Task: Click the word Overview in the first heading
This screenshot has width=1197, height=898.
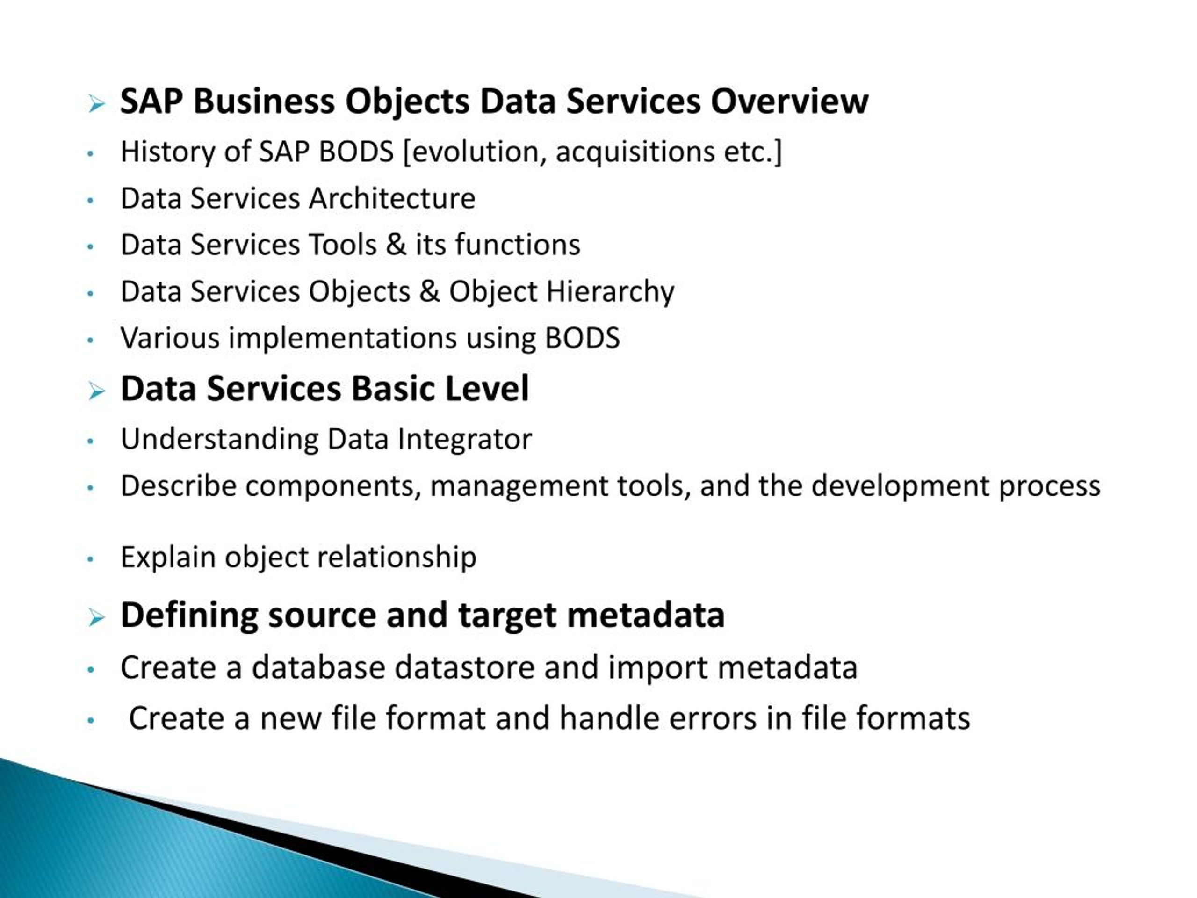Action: [x=789, y=102]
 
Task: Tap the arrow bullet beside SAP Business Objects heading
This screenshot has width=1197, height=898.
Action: [x=96, y=104]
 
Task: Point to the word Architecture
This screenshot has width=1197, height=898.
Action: [x=392, y=199]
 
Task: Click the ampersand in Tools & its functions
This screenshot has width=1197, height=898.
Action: [x=396, y=245]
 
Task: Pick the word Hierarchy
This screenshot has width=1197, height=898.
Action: [x=610, y=292]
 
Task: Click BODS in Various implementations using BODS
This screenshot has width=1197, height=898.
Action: [x=582, y=338]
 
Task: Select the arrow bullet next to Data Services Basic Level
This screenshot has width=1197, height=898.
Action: [x=96, y=391]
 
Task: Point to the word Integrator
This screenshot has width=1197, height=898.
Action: [x=464, y=440]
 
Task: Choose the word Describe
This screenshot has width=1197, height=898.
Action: [x=178, y=486]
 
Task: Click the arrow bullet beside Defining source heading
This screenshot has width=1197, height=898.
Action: [x=96, y=618]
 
